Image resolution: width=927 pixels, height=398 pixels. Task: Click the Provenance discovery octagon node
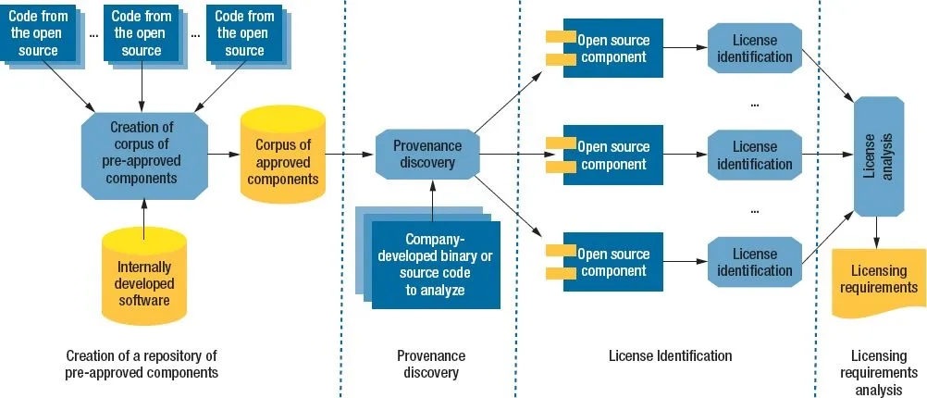click(426, 154)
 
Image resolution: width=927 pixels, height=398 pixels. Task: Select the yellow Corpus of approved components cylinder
click(282, 155)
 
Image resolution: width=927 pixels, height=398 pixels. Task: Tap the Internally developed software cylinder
click(143, 275)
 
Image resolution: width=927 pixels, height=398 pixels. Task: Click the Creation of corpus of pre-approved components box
click(144, 155)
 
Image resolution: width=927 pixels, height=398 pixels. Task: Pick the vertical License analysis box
click(879, 156)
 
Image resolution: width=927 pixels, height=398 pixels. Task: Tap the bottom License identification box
click(754, 262)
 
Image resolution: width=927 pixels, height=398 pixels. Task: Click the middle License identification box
click(754, 155)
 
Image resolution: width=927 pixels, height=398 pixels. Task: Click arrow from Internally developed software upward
click(143, 219)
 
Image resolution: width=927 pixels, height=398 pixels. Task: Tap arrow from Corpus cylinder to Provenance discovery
click(350, 155)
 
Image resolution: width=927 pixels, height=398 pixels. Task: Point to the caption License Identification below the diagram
click(670, 356)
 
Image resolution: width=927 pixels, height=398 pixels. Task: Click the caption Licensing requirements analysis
click(879, 373)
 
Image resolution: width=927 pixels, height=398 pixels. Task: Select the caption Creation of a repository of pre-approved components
click(142, 365)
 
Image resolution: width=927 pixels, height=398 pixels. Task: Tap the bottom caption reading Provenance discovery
click(431, 365)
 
